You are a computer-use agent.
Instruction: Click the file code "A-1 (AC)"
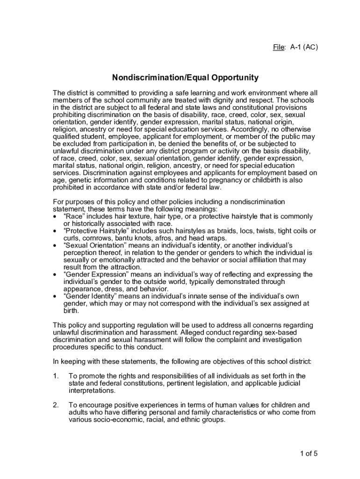[x=304, y=47]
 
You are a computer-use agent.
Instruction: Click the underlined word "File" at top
[x=279, y=47]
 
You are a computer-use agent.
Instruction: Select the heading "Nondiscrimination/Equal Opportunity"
[x=185, y=77]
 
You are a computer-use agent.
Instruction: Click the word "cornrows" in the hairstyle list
[x=95, y=238]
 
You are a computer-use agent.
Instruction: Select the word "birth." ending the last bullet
[x=72, y=311]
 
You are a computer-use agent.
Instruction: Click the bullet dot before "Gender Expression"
[x=56, y=275]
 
